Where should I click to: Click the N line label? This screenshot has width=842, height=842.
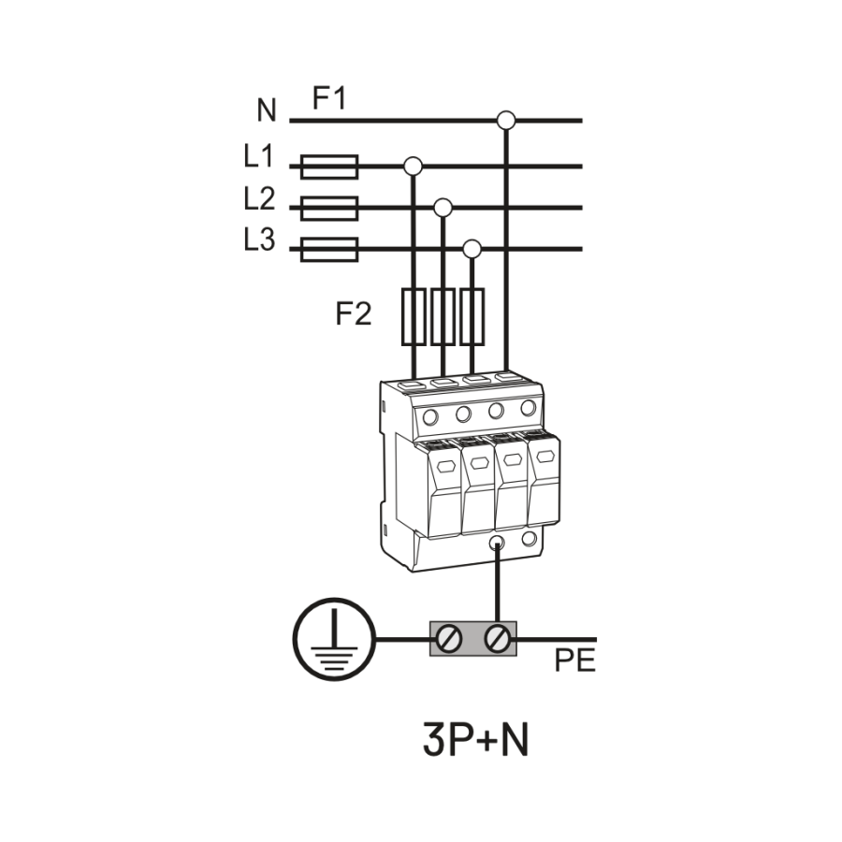click(267, 111)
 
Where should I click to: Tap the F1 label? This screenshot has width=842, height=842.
click(328, 98)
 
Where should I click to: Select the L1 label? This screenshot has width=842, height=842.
click(259, 156)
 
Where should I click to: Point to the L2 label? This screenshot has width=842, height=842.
click(259, 198)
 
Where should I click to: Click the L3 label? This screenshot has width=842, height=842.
click(259, 240)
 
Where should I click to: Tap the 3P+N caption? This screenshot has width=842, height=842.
click(476, 740)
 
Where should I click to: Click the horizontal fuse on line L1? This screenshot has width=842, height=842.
click(328, 167)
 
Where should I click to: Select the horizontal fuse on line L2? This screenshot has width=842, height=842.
click(328, 208)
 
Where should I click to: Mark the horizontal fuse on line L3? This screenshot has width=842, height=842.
click(328, 249)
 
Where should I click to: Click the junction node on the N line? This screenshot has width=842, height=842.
click(506, 120)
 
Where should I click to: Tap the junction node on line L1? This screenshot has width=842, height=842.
click(413, 167)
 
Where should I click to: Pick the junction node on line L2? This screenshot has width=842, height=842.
click(443, 207)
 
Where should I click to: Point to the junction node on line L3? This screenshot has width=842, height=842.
click(472, 249)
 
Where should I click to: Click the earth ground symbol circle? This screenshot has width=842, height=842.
click(334, 641)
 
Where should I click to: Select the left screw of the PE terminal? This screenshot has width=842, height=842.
click(450, 640)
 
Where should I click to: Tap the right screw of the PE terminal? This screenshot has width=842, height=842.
click(498, 640)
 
